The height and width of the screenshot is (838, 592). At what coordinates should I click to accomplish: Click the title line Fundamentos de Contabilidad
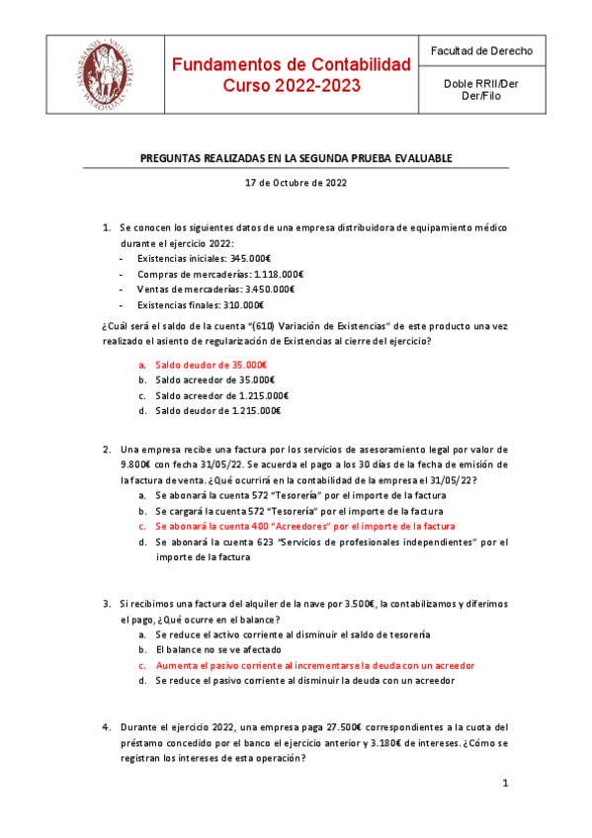(x=291, y=65)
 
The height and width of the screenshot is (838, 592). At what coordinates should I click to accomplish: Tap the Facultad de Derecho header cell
(x=481, y=50)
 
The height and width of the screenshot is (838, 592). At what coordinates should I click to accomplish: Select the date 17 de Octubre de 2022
(x=296, y=182)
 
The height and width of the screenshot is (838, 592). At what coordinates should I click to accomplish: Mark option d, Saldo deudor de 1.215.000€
(x=218, y=411)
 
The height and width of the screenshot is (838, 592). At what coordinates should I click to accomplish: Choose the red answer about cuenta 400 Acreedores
(x=304, y=527)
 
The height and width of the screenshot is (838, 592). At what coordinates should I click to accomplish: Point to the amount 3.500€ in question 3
(x=360, y=604)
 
